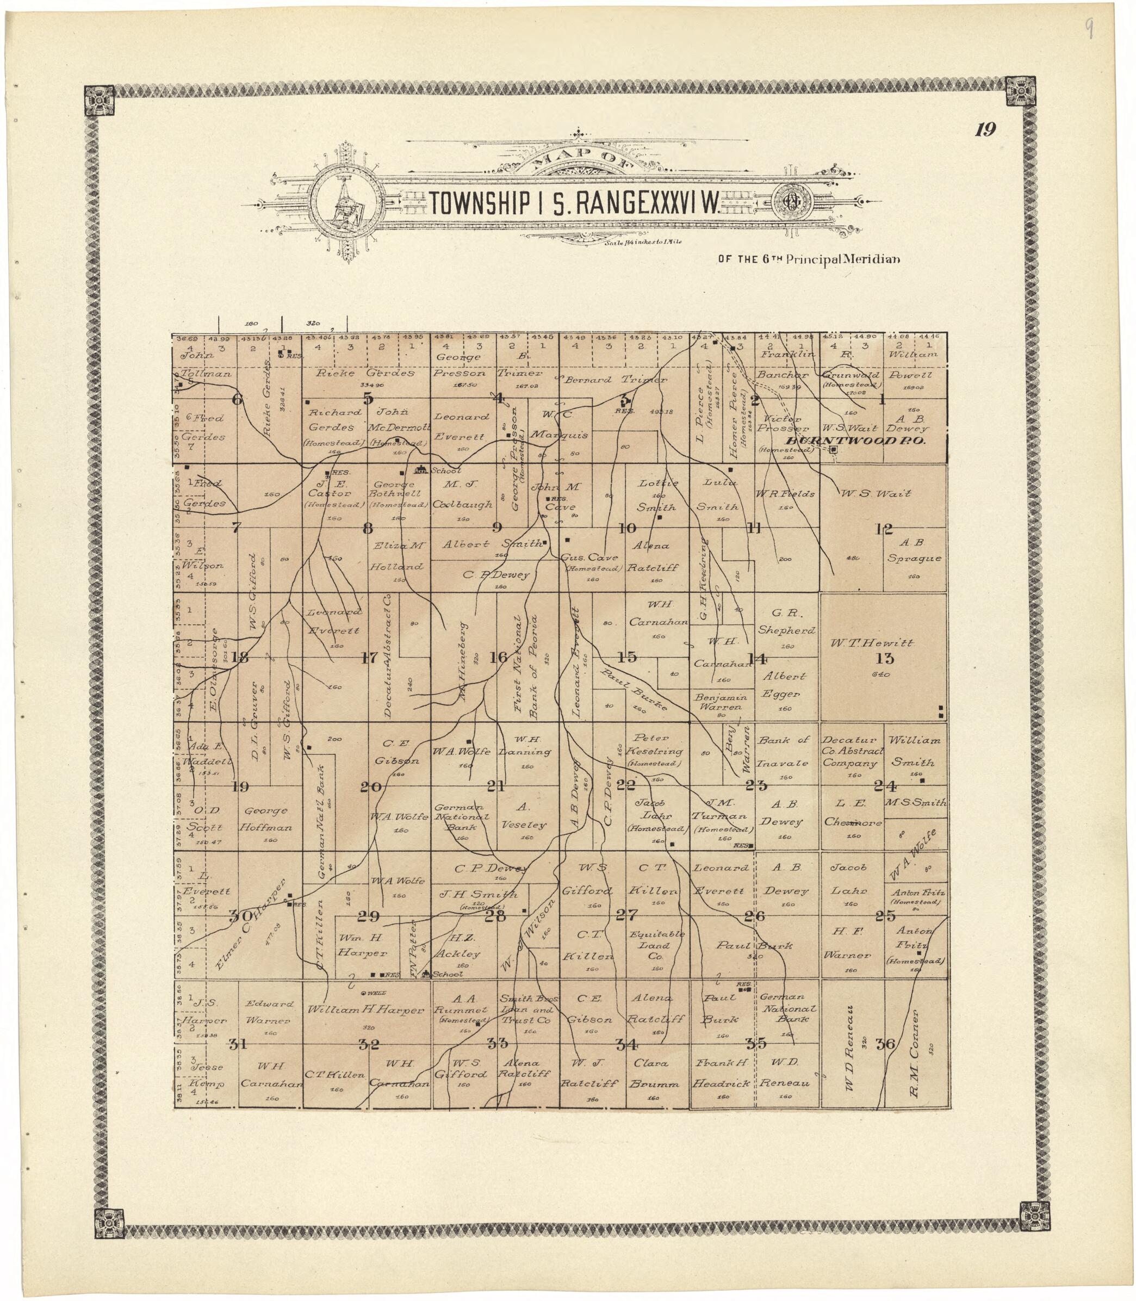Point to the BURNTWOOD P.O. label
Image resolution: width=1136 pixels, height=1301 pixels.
tap(855, 439)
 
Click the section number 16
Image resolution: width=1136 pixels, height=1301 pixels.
tap(498, 657)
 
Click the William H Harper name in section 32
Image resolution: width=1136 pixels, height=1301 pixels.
tap(366, 1010)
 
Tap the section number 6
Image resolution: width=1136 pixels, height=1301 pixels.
tap(238, 399)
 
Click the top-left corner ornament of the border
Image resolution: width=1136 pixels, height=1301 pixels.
tap(102, 98)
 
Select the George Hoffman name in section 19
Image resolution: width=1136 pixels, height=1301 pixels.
tap(265, 819)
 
